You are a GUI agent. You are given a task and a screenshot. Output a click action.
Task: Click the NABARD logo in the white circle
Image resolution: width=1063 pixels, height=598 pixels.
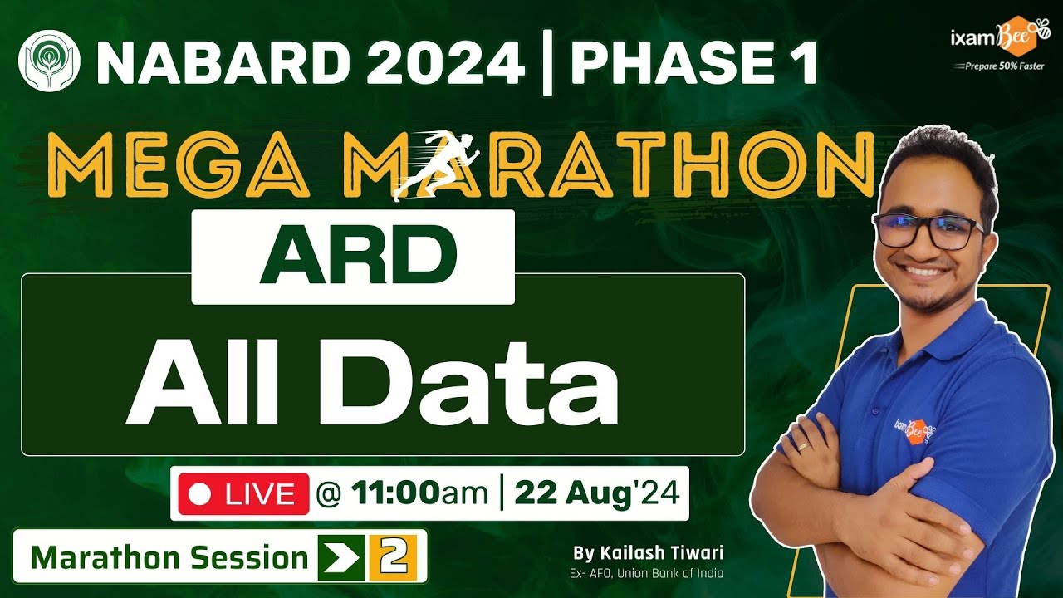[x=49, y=61]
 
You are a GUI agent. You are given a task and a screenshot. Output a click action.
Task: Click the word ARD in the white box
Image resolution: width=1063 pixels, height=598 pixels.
[x=353, y=256]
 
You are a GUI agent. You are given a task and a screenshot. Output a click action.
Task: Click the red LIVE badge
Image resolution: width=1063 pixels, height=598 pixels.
[x=243, y=494]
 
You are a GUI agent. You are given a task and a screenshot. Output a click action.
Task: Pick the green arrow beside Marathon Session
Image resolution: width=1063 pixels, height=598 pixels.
[x=340, y=557]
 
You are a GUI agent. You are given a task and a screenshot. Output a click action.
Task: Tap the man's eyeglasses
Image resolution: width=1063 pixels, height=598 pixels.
[x=928, y=232]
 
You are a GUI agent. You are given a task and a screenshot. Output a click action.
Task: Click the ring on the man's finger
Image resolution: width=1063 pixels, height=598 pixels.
[x=803, y=447]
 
